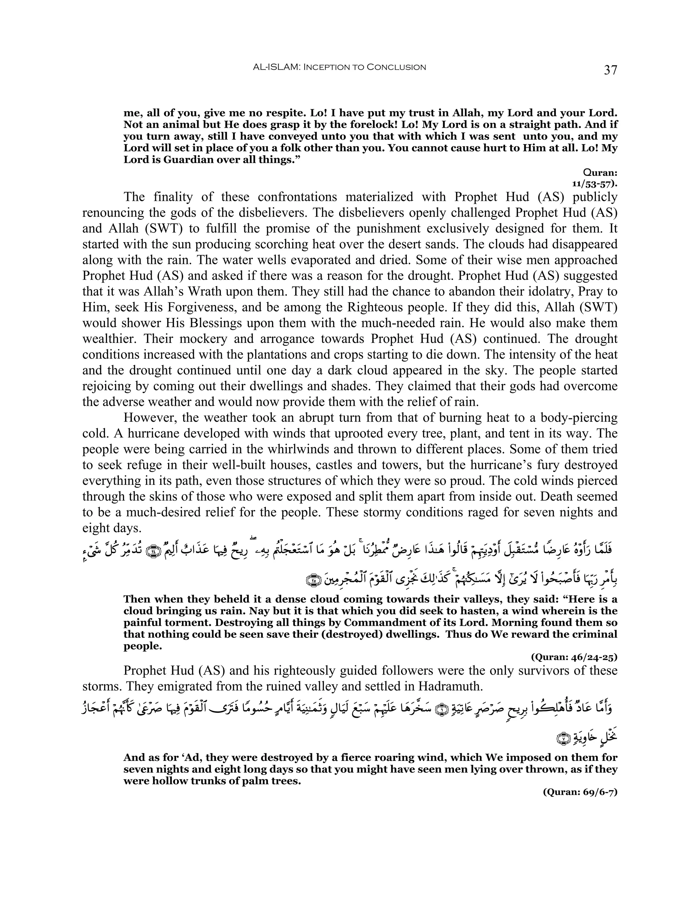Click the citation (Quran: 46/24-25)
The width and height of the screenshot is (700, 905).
pos(574,657)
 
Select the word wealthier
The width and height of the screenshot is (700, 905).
pos(109,339)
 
